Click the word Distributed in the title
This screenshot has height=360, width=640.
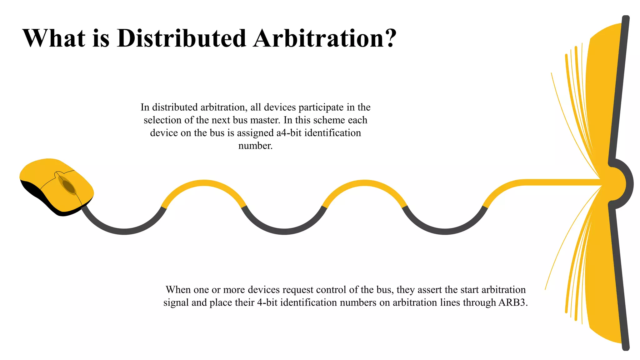click(x=182, y=38)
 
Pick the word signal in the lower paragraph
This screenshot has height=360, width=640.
click(x=176, y=302)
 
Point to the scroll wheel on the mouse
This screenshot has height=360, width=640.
click(x=68, y=186)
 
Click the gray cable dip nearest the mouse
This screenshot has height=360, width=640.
click(x=124, y=231)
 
